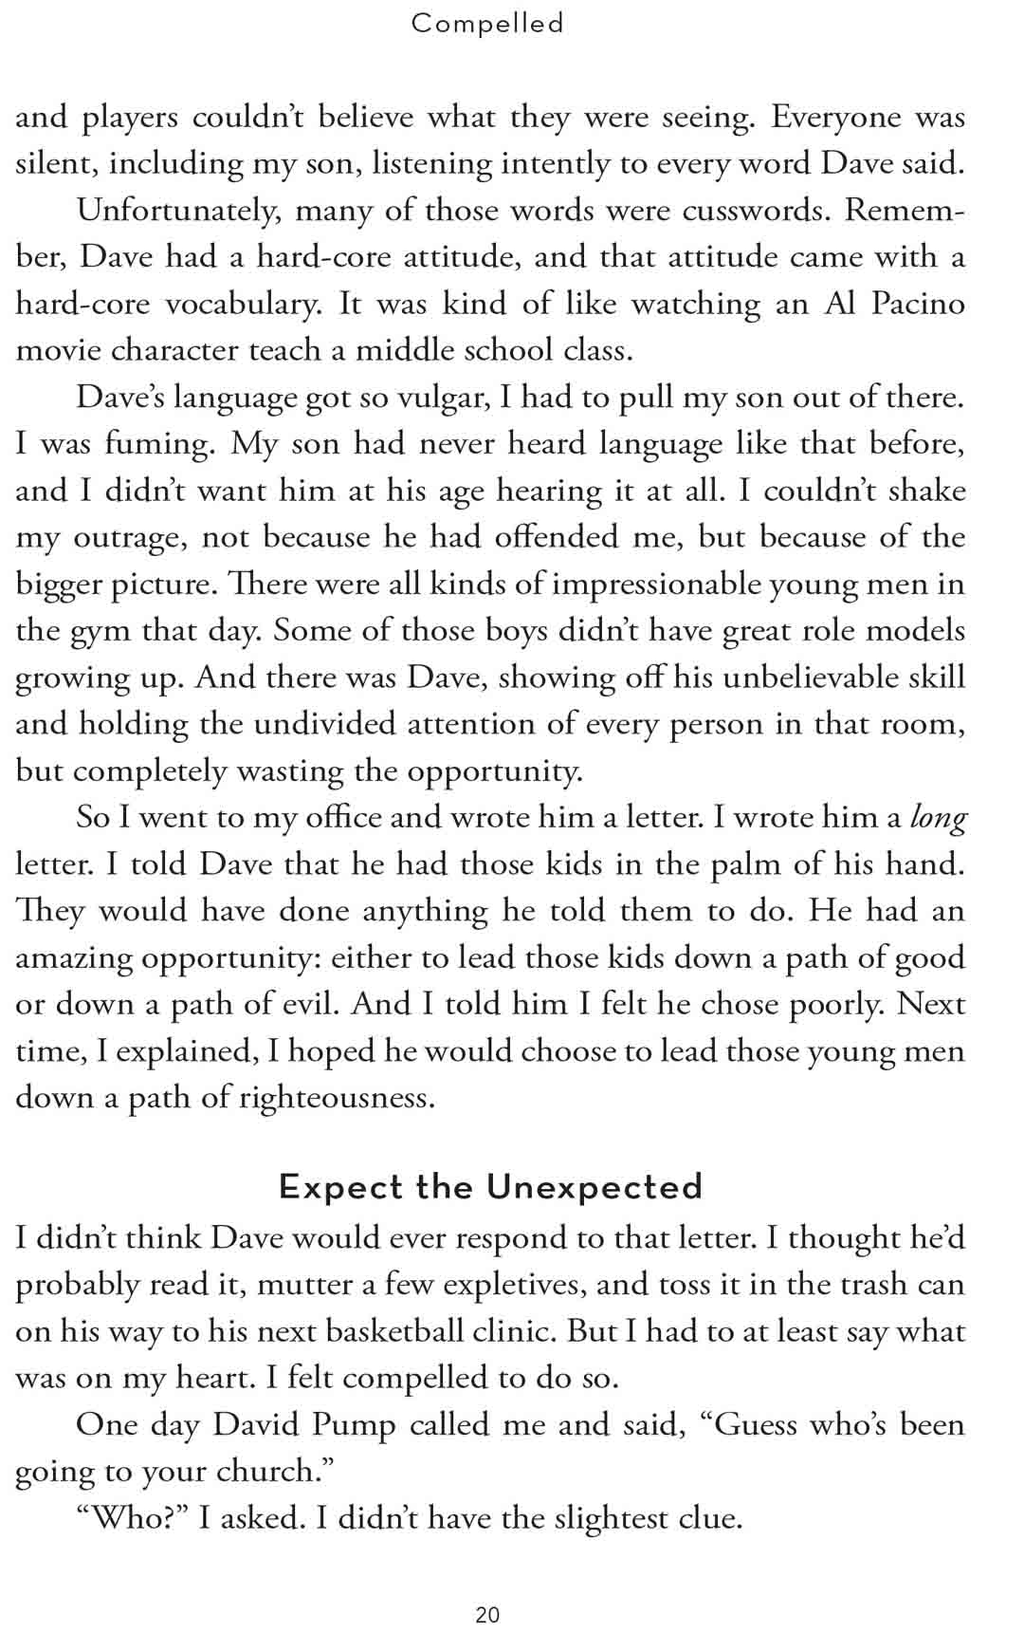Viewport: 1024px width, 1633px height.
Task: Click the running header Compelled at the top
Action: point(487,23)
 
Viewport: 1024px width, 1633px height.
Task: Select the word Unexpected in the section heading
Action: point(594,1187)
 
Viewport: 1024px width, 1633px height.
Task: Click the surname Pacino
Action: point(917,304)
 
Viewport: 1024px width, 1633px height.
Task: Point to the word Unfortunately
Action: point(179,211)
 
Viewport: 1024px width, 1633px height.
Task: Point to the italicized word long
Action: point(938,817)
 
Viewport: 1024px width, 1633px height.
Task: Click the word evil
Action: point(310,1004)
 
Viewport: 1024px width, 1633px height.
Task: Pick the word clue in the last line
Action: point(709,1518)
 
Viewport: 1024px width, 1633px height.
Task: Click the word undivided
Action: point(307,724)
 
